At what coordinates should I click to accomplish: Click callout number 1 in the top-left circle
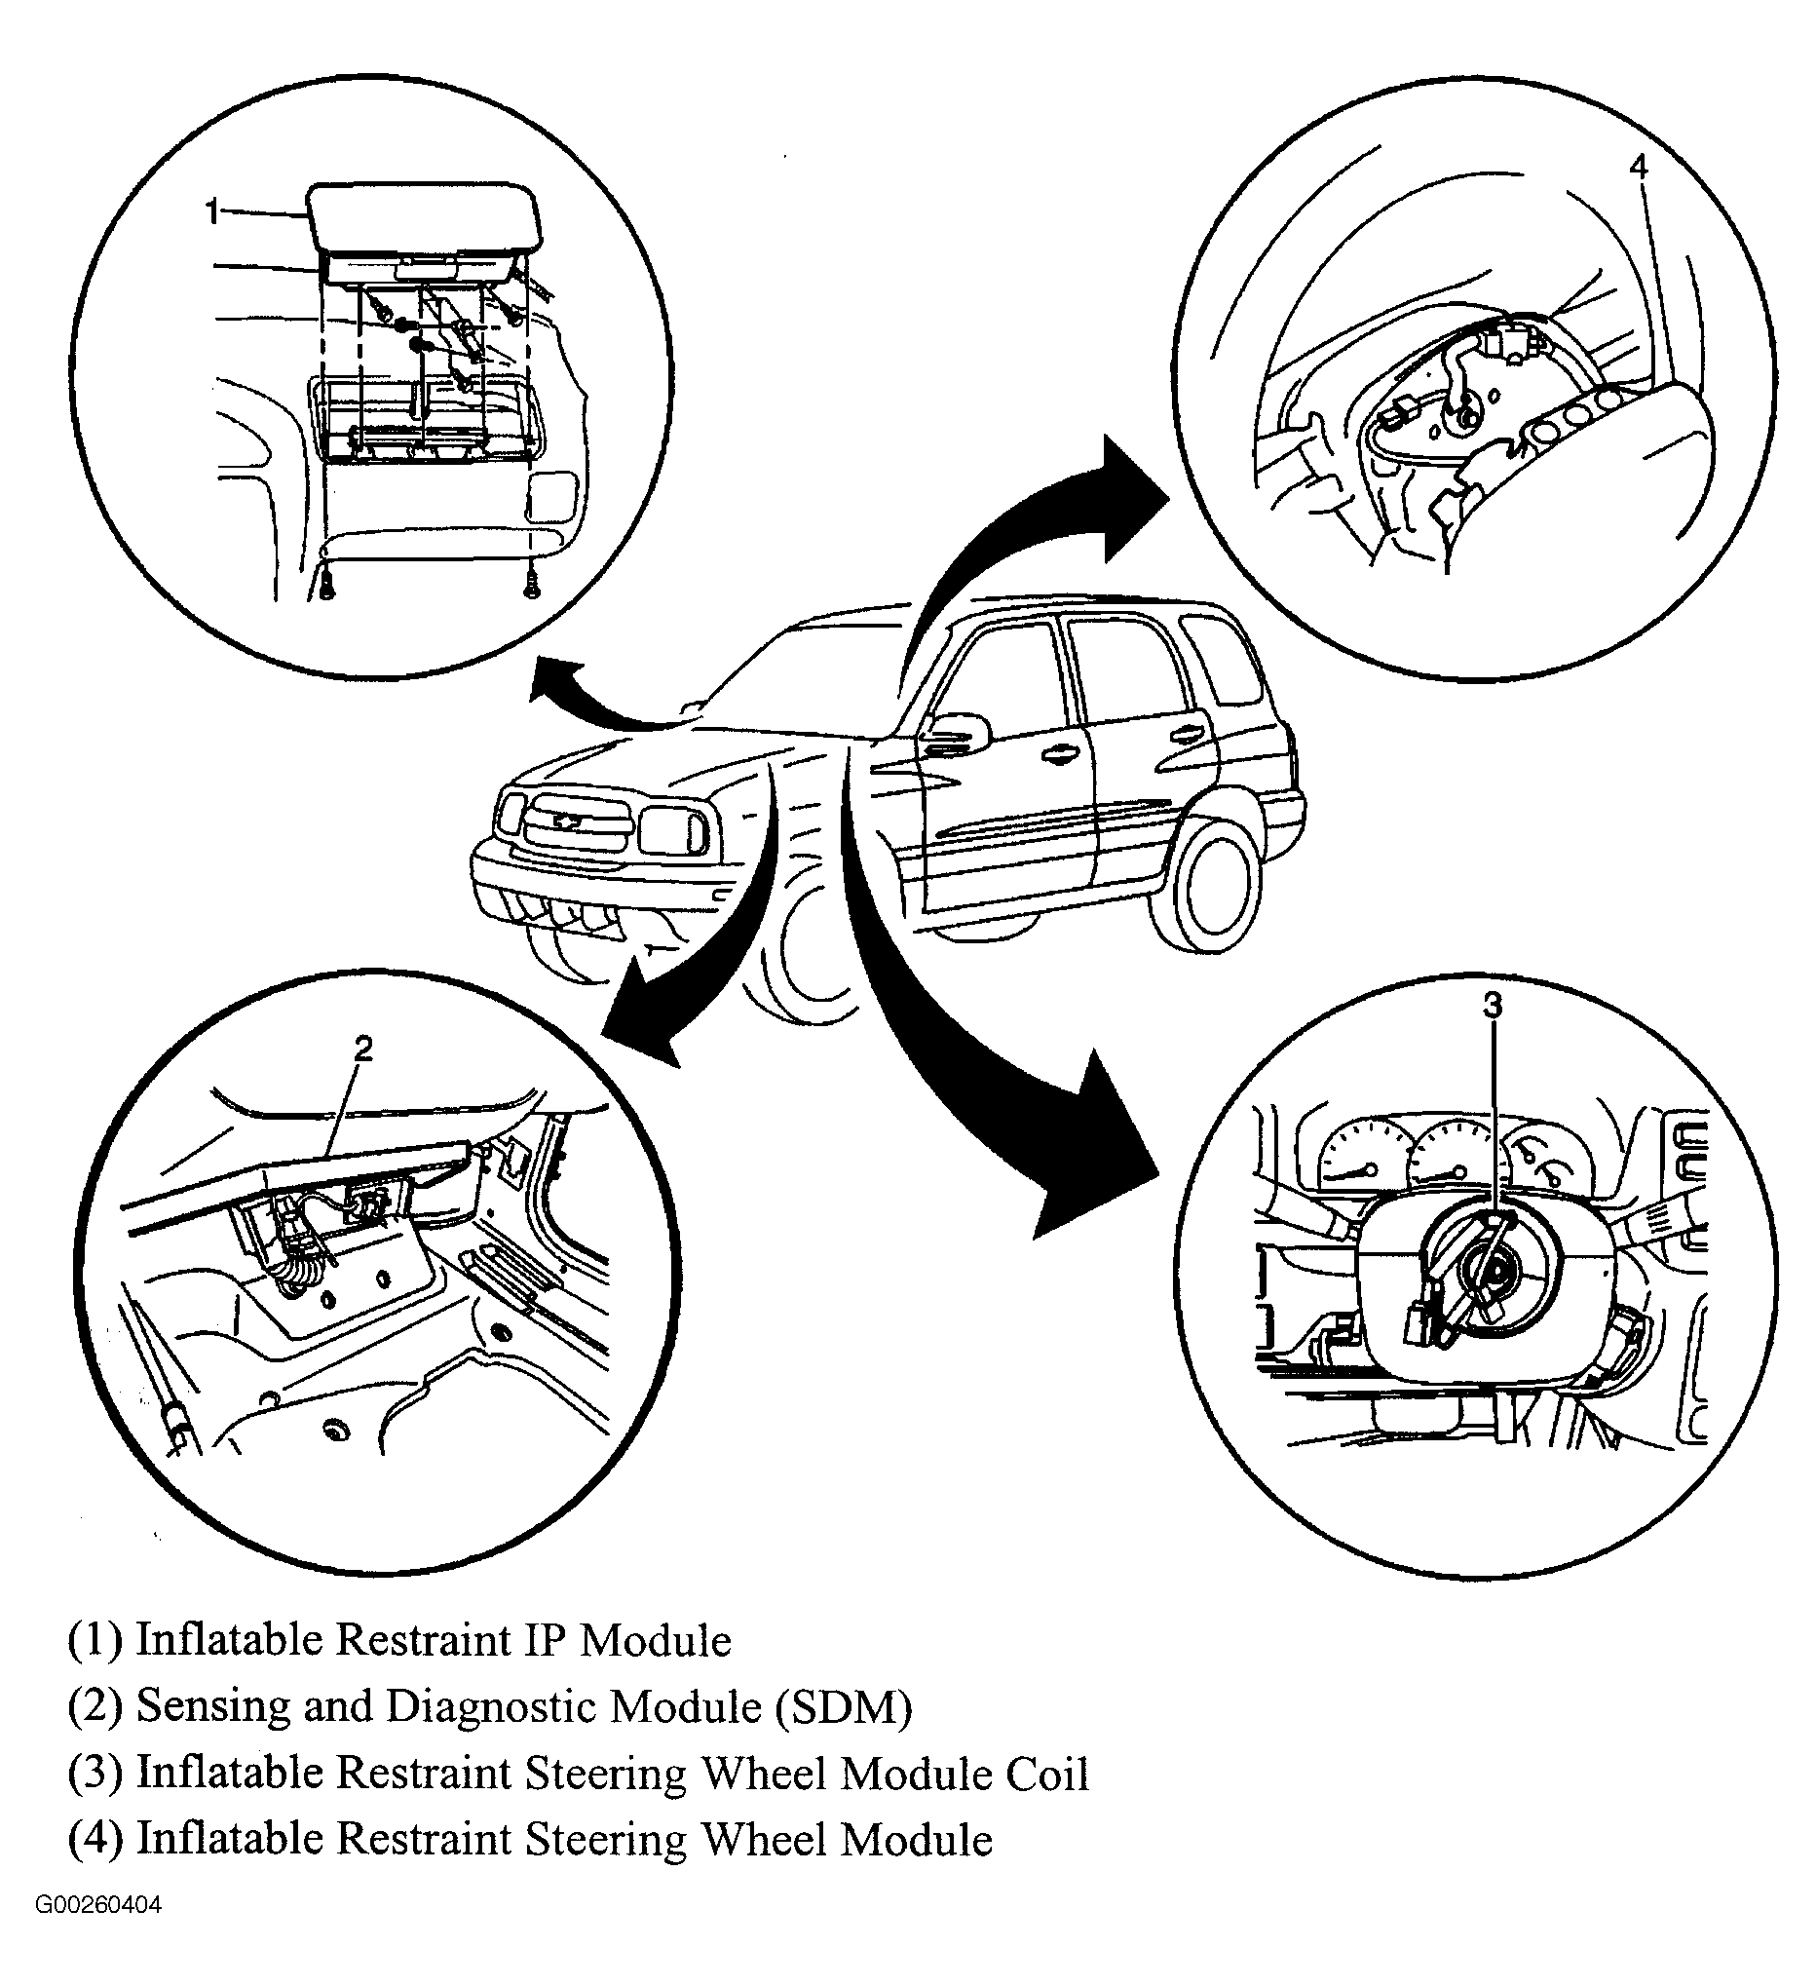pyautogui.click(x=211, y=211)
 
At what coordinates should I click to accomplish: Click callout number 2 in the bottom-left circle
pyautogui.click(x=363, y=1050)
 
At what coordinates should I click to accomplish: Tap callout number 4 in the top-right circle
pyautogui.click(x=1638, y=168)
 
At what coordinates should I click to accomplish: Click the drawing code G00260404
pyautogui.click(x=98, y=1932)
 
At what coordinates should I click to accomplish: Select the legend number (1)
pyautogui.click(x=95, y=1640)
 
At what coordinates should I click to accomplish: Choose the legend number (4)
pyautogui.click(x=95, y=1839)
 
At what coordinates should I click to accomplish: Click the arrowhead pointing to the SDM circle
pyautogui.click(x=635, y=1024)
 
